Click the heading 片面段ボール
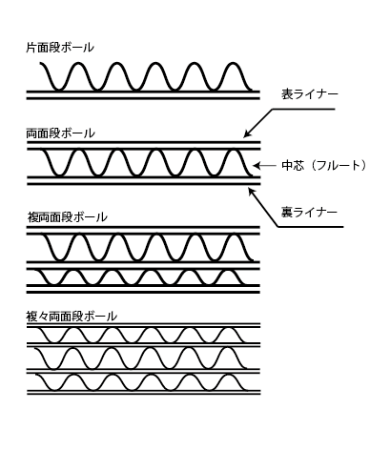point(60,48)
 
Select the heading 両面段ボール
point(60,133)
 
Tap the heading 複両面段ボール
point(68,217)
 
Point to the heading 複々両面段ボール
point(72,317)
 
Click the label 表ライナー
point(310,94)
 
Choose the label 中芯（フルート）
point(324,166)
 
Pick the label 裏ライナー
point(309,212)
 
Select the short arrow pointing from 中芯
point(264,166)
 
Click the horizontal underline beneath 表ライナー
point(303,109)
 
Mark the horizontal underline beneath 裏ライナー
point(311,227)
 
